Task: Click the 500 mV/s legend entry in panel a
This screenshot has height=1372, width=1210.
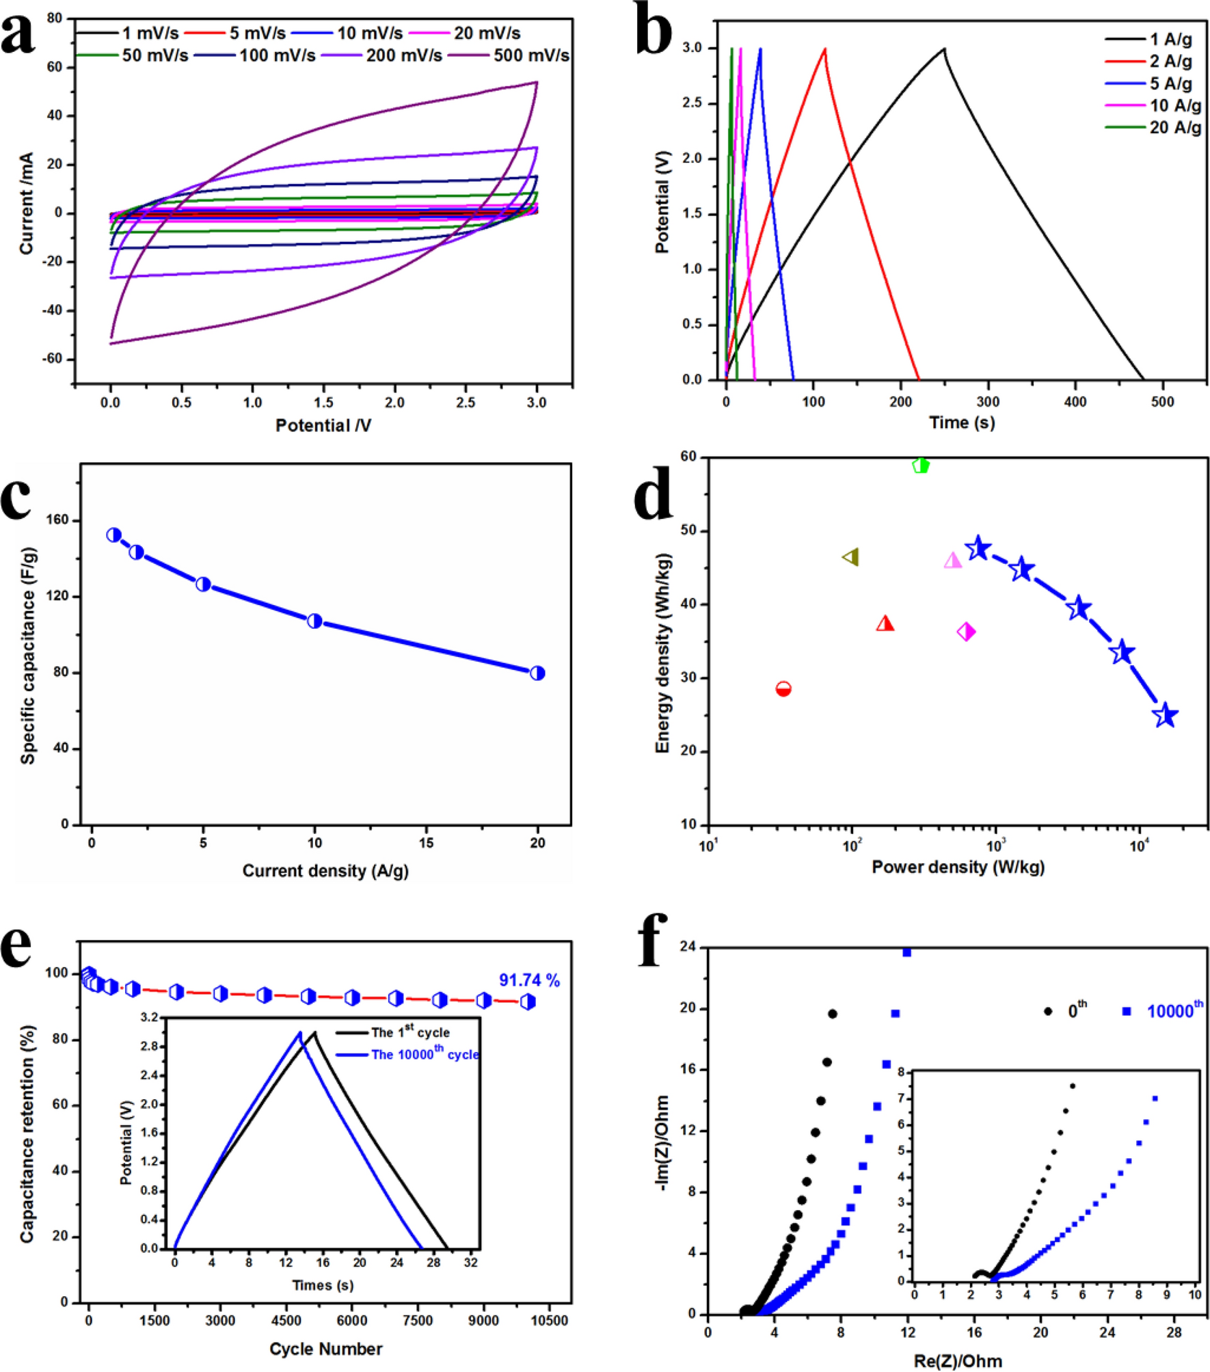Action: click(x=530, y=55)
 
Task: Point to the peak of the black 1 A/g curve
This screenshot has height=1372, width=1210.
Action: click(x=943, y=49)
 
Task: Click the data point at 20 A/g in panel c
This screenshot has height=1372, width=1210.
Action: click(x=537, y=673)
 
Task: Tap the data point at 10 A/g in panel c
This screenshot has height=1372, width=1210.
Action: click(x=314, y=621)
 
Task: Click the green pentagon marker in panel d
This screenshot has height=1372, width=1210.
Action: click(x=921, y=466)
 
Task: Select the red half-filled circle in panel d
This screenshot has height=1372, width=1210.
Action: click(x=783, y=688)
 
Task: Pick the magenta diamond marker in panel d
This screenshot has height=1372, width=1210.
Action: click(x=966, y=632)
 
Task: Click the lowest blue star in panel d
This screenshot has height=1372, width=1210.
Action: click(x=1166, y=716)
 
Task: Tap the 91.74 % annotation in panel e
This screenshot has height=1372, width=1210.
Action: click(x=529, y=980)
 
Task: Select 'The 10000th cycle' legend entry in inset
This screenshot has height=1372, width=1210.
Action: click(x=425, y=1054)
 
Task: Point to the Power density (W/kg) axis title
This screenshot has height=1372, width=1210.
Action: click(x=958, y=867)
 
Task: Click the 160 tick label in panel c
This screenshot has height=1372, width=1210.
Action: click(x=58, y=520)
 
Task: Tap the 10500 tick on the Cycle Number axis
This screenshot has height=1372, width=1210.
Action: click(x=549, y=1321)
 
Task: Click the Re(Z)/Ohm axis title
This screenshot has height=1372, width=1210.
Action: click(x=958, y=1360)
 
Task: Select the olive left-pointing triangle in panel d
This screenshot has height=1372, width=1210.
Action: click(x=851, y=557)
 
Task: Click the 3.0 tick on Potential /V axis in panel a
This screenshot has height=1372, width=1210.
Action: click(x=537, y=403)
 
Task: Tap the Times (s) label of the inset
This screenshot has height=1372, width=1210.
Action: click(x=323, y=1285)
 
